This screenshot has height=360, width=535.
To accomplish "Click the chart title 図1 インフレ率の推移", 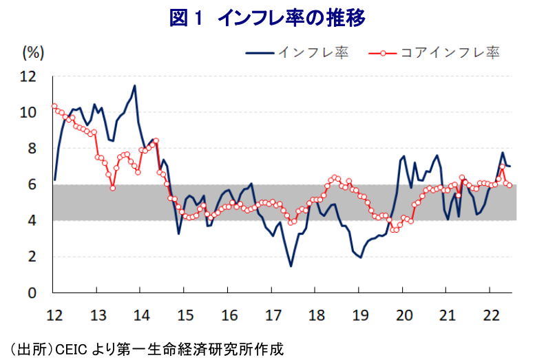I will [267, 18].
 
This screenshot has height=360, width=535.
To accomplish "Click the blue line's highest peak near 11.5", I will [134, 85].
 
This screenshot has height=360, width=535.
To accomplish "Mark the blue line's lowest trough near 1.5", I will [291, 266].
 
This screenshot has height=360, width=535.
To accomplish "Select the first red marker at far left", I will [54, 106].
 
